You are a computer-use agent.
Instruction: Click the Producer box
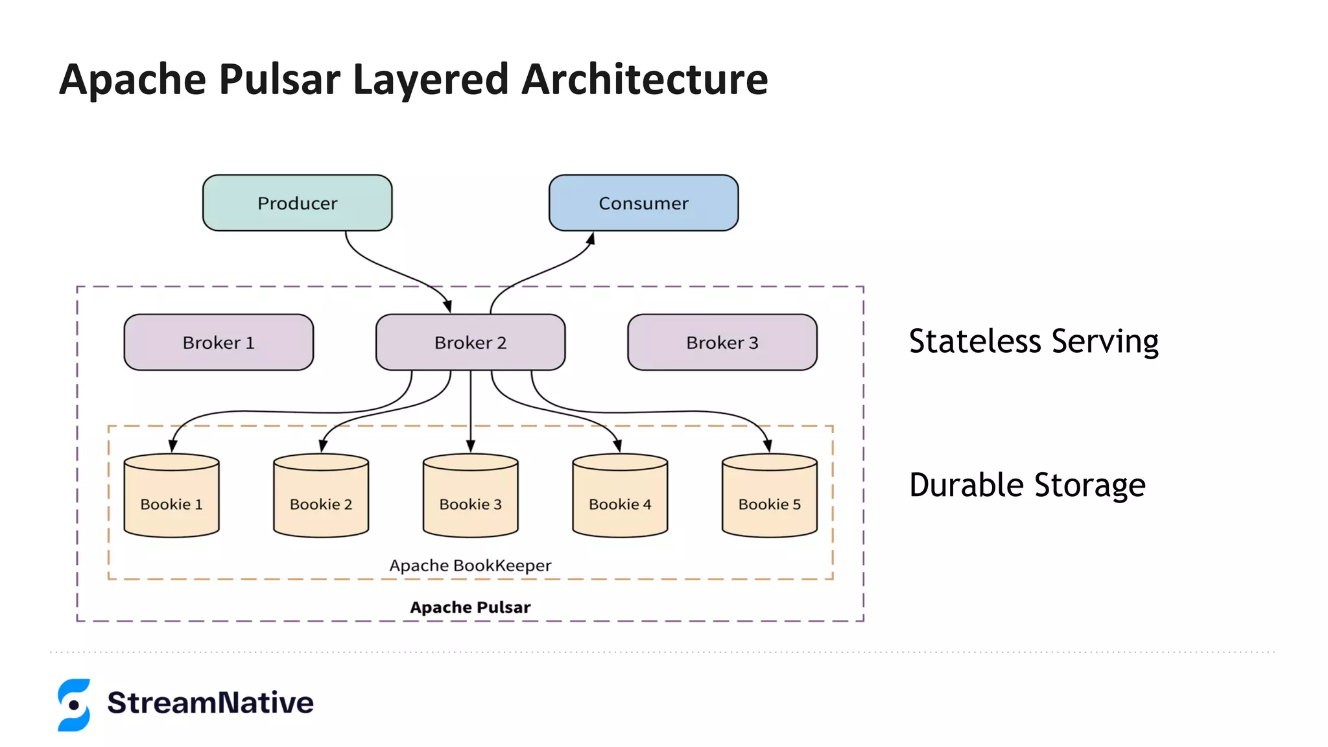297,203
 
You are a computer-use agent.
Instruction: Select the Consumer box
643,203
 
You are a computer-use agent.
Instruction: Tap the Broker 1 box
219,342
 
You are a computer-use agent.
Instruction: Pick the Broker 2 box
470,342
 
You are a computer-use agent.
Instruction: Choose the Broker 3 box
722,342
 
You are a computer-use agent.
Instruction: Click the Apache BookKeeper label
470,565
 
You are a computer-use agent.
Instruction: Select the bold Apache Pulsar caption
470,608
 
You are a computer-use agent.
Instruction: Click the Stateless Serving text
1034,342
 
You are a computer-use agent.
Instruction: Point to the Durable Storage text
1027,486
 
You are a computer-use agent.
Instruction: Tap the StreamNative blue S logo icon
74,705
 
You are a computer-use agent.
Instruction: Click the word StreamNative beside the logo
210,703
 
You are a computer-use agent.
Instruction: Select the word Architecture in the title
645,80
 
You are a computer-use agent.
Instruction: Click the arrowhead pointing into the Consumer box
591,239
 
